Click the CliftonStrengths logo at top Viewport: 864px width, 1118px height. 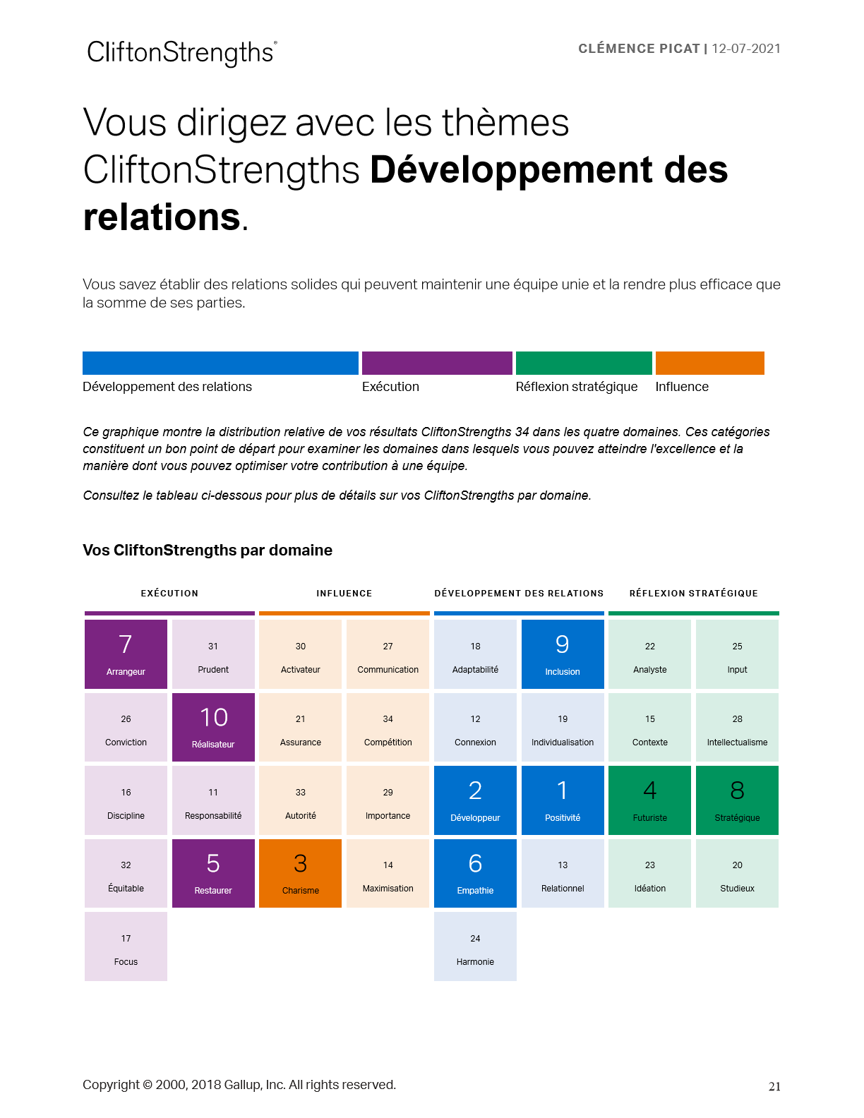[181, 53]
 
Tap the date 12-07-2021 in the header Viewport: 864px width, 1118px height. [746, 49]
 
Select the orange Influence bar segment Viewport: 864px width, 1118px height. [709, 363]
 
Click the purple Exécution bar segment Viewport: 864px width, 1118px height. [437, 363]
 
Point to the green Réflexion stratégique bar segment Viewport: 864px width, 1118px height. [584, 363]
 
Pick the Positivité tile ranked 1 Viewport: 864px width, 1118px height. [563, 800]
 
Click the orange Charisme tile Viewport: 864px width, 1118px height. [301, 873]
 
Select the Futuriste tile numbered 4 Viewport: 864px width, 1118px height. [649, 800]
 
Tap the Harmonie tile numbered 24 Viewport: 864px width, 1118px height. [475, 946]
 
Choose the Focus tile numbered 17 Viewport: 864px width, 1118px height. [126, 946]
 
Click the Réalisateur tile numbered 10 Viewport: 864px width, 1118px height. [213, 727]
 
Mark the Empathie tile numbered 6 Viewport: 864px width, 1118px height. [475, 873]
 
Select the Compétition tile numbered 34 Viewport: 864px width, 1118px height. [388, 727]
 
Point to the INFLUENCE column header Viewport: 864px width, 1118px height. [344, 594]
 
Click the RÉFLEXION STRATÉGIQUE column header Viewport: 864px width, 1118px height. [693, 594]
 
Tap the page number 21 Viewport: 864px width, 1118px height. [774, 1087]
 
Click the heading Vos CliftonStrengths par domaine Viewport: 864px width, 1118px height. [208, 551]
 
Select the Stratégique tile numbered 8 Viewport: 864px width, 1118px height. [737, 800]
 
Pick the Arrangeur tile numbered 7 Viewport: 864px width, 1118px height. [126, 654]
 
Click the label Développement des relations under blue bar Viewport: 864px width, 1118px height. [167, 387]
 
